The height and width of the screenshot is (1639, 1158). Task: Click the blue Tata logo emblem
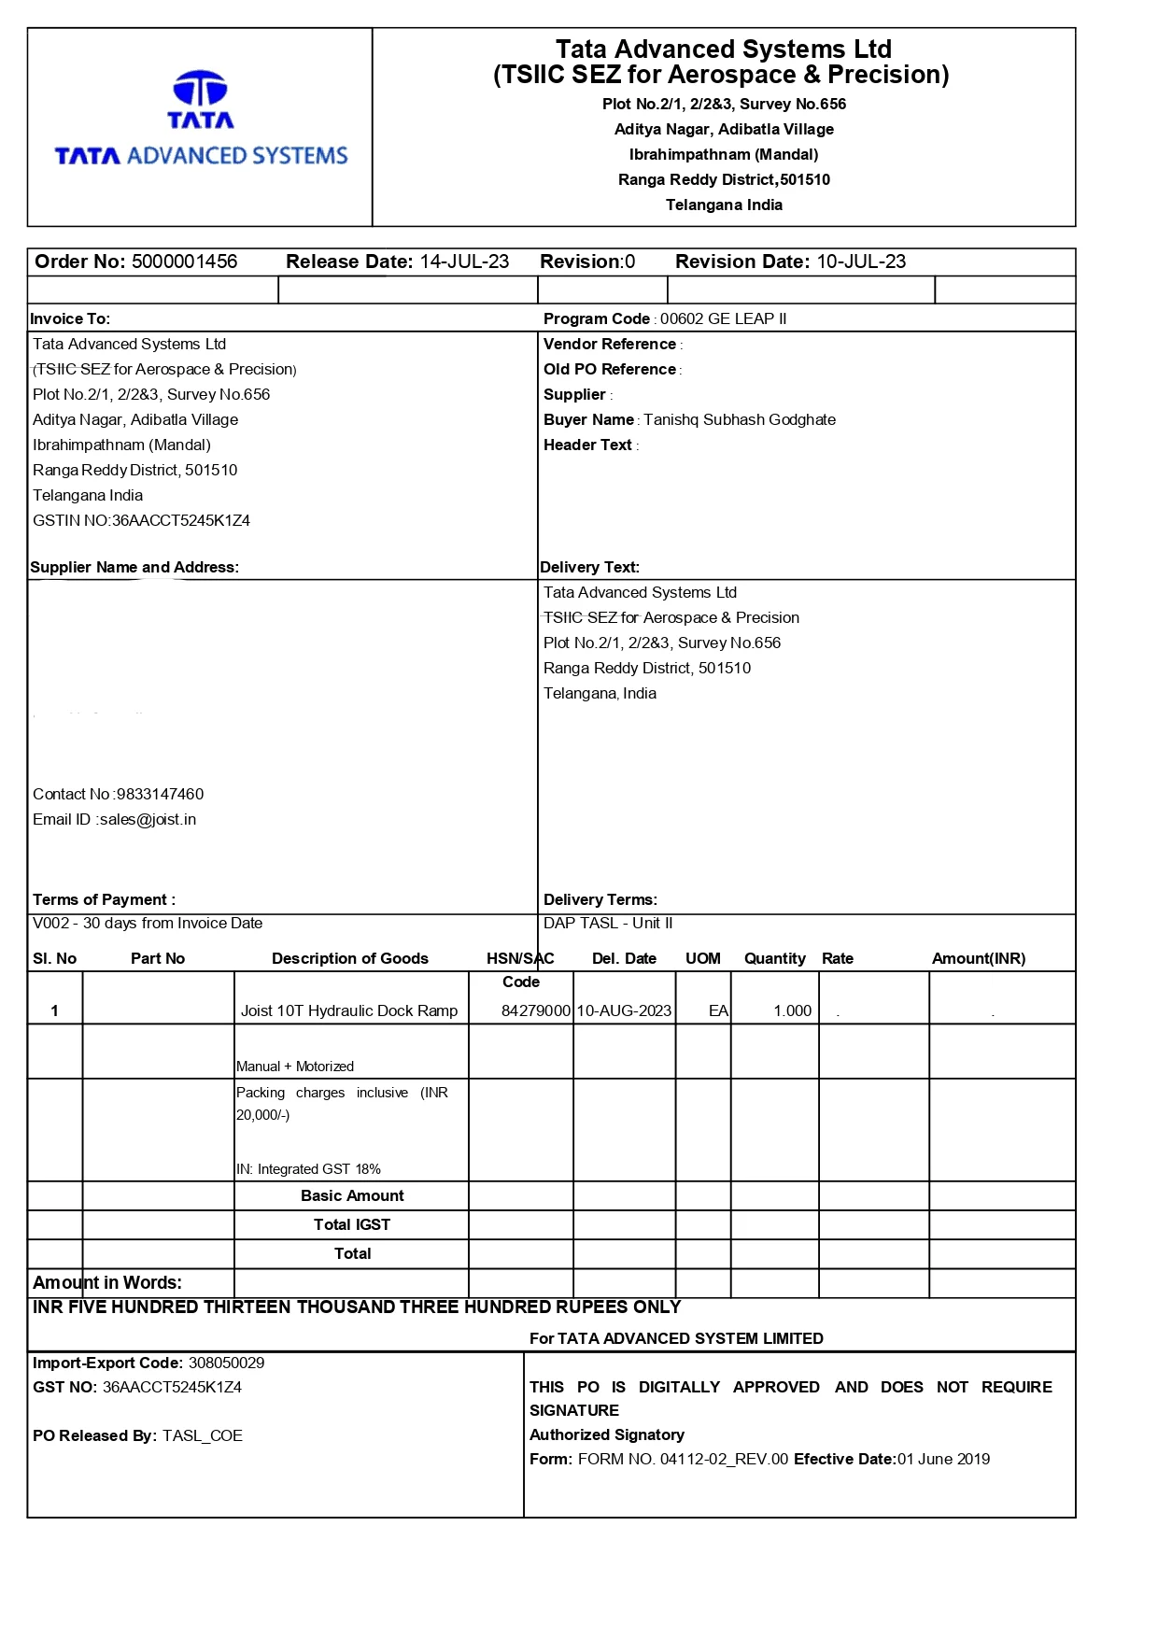click(200, 89)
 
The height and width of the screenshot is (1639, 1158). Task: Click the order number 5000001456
click(184, 261)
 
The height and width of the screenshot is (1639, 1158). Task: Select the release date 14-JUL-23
click(464, 261)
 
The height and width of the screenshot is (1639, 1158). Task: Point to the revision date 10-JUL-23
click(861, 261)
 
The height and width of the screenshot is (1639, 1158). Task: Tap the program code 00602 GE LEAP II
click(723, 318)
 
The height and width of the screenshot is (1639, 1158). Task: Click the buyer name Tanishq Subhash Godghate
click(739, 419)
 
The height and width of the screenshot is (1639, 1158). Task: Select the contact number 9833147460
click(160, 794)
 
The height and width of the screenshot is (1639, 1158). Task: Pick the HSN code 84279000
click(535, 1010)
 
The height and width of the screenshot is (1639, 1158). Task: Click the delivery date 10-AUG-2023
click(624, 1010)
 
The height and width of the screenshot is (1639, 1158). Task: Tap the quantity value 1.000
click(792, 1010)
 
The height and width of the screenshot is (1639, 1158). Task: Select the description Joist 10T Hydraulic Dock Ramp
click(349, 1010)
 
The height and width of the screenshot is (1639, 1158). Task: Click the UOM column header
click(703, 958)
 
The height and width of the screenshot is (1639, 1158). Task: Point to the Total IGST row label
click(352, 1224)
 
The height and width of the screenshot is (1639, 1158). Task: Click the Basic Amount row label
click(352, 1195)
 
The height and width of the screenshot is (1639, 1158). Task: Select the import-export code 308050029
click(226, 1363)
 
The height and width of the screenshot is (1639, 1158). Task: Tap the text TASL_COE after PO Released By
click(202, 1435)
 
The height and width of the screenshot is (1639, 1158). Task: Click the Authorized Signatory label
click(607, 1434)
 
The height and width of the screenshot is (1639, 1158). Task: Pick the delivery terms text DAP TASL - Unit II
click(608, 923)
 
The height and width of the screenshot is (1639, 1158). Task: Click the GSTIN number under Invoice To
click(180, 520)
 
